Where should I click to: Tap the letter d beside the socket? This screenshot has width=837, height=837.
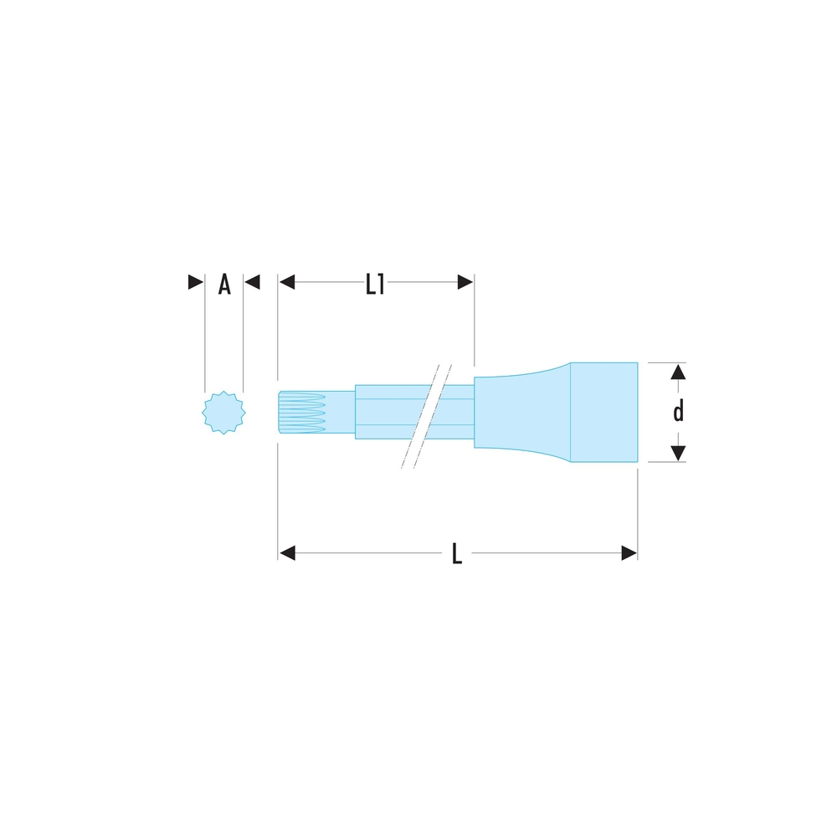coord(678,412)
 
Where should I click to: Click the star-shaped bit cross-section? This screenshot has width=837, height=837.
coord(223,412)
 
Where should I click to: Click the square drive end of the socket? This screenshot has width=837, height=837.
coord(603,412)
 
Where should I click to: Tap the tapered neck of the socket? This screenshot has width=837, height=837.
coord(522,412)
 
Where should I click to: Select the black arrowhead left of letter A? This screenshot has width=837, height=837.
coord(196,282)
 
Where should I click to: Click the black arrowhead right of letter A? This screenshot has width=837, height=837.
coord(252,282)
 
